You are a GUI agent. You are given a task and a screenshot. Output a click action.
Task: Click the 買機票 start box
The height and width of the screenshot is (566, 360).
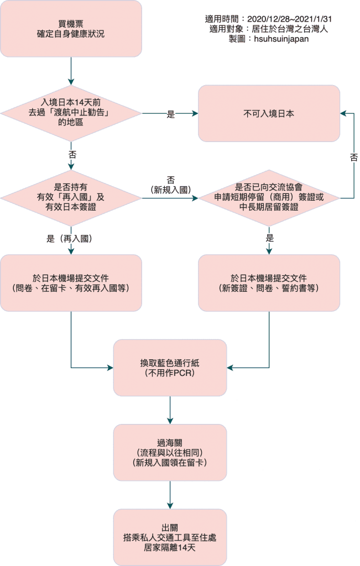(71, 29)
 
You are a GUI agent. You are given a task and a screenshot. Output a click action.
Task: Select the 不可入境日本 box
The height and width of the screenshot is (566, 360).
(269, 113)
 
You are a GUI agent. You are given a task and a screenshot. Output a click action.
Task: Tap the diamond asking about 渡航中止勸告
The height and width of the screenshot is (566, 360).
(71, 113)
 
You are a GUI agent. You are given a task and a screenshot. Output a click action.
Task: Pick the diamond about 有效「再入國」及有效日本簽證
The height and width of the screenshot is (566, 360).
(71, 197)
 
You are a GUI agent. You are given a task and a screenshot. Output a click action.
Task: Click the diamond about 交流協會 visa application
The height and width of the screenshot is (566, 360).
(269, 197)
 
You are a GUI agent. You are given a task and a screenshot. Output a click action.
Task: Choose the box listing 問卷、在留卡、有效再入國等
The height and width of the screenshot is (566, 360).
(71, 282)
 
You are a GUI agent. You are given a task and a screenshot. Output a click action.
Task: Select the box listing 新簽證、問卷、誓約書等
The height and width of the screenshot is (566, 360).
(269, 282)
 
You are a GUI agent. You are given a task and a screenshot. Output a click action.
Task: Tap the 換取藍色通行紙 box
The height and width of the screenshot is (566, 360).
(170, 367)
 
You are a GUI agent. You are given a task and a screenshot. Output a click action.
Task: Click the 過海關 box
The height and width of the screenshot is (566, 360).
(170, 452)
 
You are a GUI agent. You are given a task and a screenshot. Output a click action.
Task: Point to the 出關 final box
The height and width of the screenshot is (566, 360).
(170, 536)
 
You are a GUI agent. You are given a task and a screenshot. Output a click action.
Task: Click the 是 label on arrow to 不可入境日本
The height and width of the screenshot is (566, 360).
(170, 114)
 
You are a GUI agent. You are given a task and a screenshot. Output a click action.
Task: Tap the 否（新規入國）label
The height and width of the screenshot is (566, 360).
(170, 185)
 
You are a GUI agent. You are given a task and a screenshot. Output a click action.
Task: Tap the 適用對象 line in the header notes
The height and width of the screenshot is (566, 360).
(269, 29)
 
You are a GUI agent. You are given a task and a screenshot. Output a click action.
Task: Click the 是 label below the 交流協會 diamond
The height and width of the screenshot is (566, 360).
(269, 238)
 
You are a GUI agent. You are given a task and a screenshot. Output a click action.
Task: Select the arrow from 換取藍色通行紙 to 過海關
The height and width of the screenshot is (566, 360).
(170, 409)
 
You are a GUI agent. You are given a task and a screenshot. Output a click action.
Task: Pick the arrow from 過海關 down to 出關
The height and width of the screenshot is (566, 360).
(170, 494)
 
